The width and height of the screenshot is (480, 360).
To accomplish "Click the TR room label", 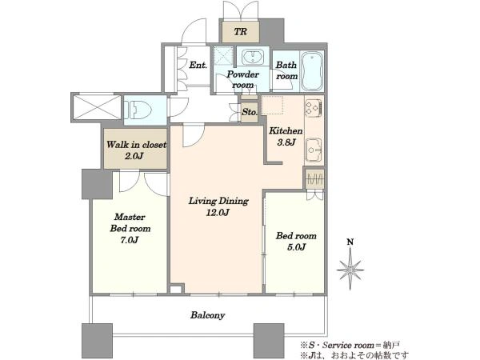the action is point(241,31).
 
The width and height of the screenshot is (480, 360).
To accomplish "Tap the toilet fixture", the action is point(138,110).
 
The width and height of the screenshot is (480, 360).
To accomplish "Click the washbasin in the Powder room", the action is point(253,57).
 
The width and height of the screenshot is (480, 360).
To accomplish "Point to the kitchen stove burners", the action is point(314,107).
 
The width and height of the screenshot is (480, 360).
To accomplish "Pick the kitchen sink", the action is point(314,150).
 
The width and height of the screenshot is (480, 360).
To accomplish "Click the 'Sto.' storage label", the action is point(250,112).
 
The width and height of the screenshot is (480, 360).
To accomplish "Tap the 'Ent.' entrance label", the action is point(198,65).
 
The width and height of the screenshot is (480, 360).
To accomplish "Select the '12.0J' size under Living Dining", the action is point(218,213).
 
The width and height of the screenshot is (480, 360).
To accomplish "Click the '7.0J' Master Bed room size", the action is point(130,240).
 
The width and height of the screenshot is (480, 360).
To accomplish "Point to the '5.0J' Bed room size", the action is point(296,247).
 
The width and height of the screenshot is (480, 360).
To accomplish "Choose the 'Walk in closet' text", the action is point(136,145).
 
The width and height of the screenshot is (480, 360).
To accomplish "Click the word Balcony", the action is point(207,315).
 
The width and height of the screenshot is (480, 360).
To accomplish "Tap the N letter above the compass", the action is point(350,242).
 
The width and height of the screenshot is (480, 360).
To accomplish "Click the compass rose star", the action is point(350,270).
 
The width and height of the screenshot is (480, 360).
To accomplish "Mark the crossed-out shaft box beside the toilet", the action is point(97,107).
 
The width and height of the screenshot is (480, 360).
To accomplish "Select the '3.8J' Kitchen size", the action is point(286,142).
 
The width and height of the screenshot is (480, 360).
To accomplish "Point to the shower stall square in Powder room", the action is point(223,55).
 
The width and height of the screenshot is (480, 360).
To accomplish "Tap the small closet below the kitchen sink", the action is point(314,178).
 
